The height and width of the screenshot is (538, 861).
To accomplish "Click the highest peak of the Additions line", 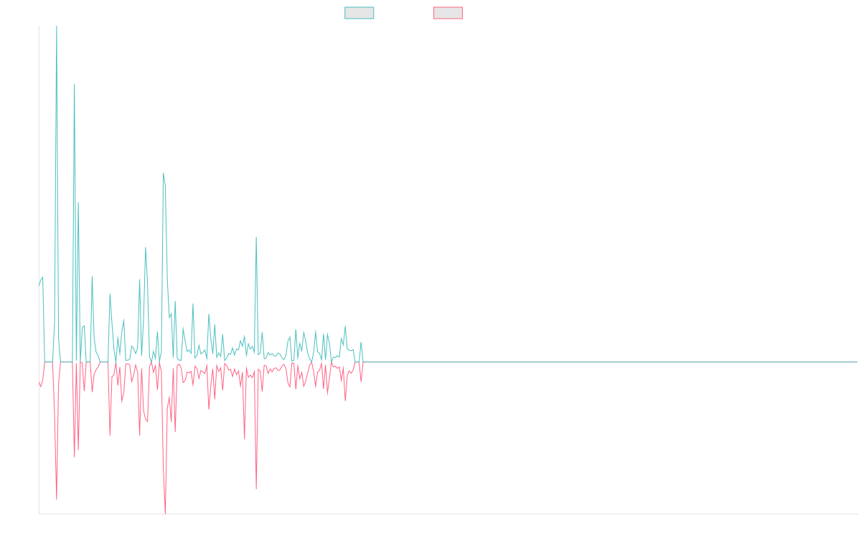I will coord(57,27).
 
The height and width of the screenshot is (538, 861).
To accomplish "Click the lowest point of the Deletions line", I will coord(165,512).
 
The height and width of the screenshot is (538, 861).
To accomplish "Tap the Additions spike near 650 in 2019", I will coord(164,174).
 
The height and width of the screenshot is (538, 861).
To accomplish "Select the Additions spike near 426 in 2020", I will coord(256,237).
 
